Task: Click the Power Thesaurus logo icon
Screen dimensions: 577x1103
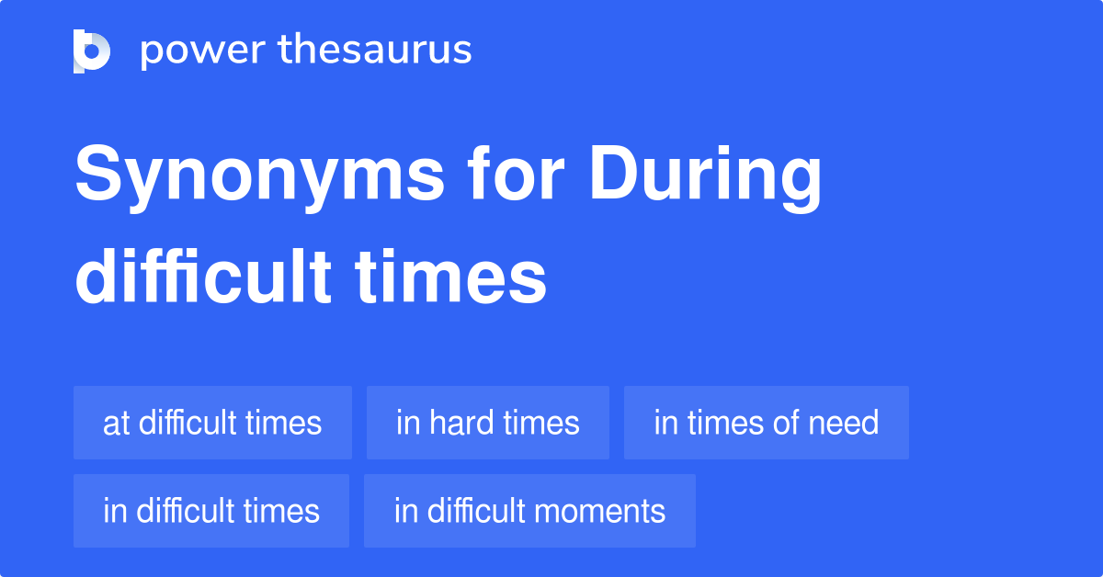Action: coord(92,51)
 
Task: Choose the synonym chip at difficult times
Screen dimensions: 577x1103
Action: coord(212,423)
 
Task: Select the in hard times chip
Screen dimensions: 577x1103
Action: coord(487,423)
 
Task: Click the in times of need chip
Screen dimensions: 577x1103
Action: coord(766,423)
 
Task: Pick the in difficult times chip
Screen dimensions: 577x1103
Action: coord(211,511)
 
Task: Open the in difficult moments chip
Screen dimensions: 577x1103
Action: coord(529,511)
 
